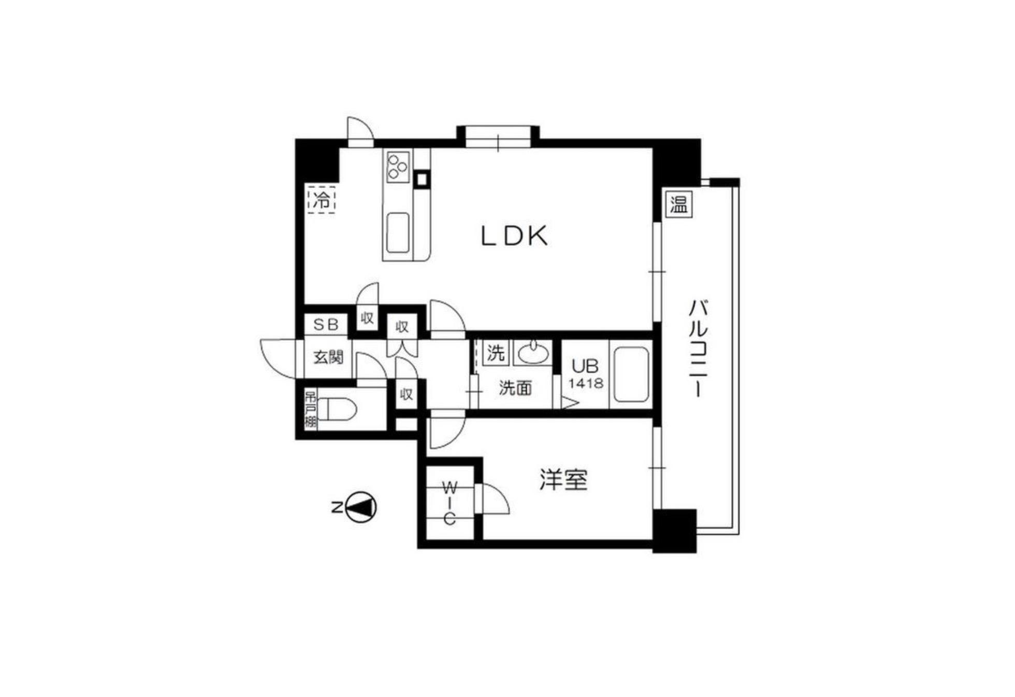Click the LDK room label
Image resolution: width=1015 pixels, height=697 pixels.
click(514, 236)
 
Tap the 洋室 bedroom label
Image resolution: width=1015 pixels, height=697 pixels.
click(563, 480)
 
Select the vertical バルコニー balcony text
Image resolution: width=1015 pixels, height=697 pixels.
click(698, 348)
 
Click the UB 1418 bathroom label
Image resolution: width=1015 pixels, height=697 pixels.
click(586, 374)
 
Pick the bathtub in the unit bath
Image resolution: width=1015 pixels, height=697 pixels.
click(630, 374)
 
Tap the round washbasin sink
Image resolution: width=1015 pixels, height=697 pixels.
click(533, 354)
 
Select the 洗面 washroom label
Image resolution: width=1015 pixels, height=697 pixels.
click(515, 388)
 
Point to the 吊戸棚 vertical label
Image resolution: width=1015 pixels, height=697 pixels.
click(310, 409)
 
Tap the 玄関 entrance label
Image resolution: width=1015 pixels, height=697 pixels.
click(328, 357)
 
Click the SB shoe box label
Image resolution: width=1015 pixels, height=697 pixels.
click(326, 325)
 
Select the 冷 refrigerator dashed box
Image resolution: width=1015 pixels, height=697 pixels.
click(322, 199)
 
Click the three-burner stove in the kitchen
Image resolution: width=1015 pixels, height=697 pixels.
click(398, 166)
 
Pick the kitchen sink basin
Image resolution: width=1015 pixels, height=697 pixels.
click(398, 233)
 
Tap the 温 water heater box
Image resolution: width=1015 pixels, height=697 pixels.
click(678, 204)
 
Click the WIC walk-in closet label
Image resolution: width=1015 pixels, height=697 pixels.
click(450, 503)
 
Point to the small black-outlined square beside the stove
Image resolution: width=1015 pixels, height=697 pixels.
click(422, 179)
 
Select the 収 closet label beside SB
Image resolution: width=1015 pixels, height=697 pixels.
click(367, 318)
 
